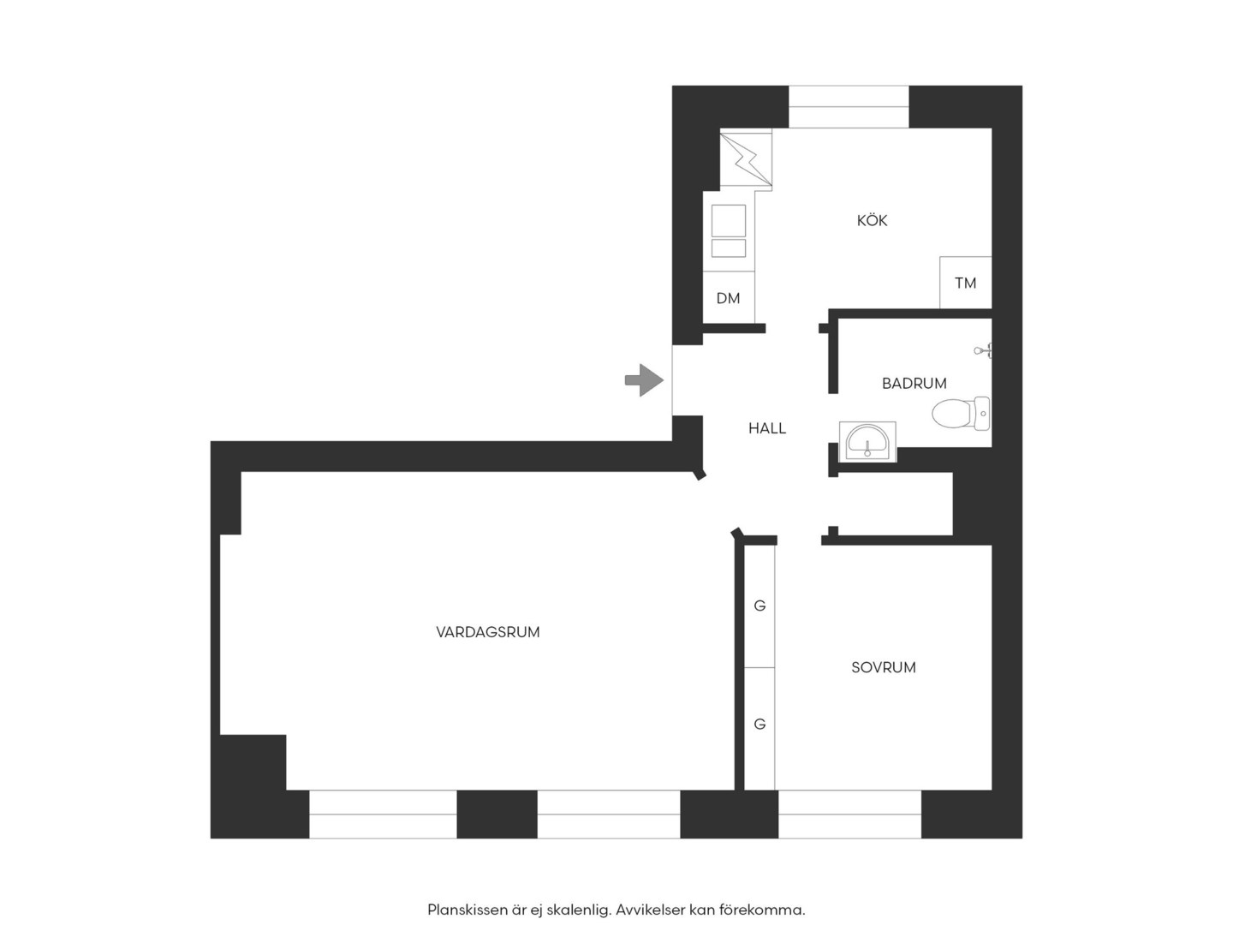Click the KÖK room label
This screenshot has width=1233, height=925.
click(x=872, y=221)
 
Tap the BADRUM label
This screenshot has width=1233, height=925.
click(x=914, y=384)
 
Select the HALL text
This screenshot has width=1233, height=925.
click(x=766, y=428)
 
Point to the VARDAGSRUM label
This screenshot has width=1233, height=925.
click(x=487, y=632)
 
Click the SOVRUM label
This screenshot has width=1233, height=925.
click(x=884, y=668)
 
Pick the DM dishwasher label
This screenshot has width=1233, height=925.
click(x=728, y=298)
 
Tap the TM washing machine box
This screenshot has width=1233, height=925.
click(x=965, y=283)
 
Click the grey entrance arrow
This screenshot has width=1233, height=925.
click(x=644, y=380)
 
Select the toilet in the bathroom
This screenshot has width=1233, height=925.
click(x=961, y=414)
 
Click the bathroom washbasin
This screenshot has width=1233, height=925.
click(x=867, y=442)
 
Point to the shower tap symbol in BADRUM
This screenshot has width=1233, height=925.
click(x=983, y=351)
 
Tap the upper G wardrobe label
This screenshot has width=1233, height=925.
click(x=759, y=606)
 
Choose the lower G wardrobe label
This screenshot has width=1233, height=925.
click(x=759, y=724)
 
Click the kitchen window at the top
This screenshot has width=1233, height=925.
click(x=849, y=107)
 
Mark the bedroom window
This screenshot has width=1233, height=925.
click(x=850, y=815)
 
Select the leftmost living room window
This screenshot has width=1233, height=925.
click(x=383, y=815)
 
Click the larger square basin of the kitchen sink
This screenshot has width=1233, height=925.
click(x=729, y=221)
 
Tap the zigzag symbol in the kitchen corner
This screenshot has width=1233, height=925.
click(x=746, y=159)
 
